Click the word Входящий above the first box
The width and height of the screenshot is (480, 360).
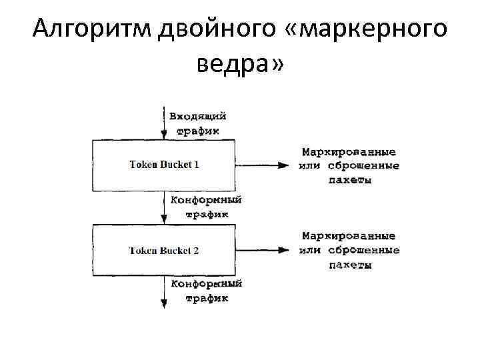198,116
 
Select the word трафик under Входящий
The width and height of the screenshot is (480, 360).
197,131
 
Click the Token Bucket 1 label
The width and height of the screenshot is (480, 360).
164,165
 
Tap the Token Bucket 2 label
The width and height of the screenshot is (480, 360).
164,251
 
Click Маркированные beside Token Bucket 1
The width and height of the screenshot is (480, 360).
349,152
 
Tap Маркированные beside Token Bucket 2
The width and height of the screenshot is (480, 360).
349,237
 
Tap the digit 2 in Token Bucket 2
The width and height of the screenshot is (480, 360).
196,251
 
